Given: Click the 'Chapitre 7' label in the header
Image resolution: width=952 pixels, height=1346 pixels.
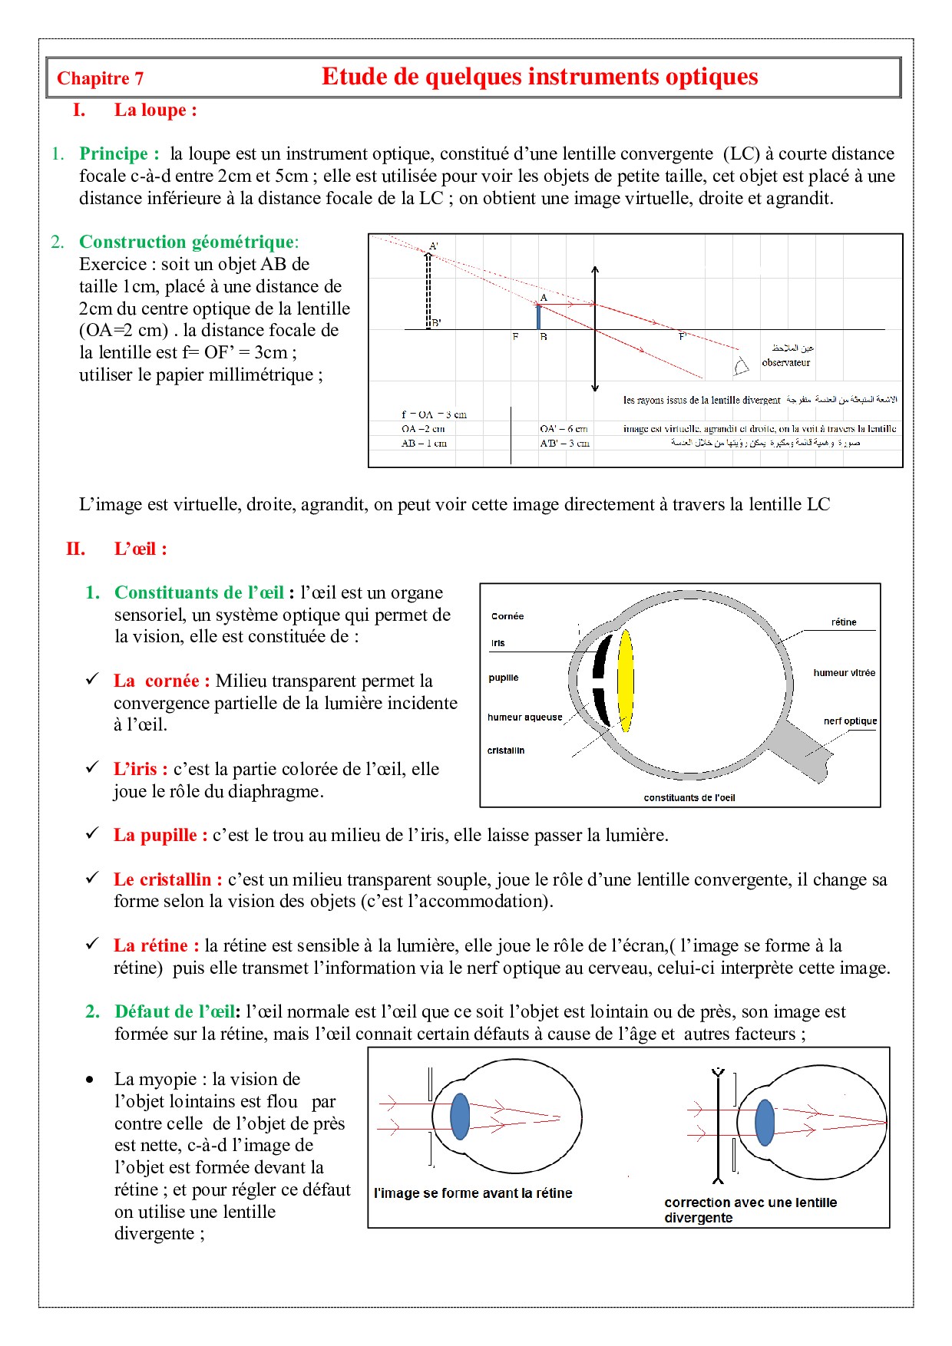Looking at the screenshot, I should [x=100, y=78].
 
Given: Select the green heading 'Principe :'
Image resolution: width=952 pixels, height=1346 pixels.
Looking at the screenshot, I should [x=119, y=153].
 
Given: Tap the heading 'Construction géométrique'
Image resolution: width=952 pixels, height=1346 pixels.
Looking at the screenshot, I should [x=187, y=242].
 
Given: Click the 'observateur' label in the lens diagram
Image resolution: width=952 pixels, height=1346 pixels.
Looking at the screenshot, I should [x=785, y=362].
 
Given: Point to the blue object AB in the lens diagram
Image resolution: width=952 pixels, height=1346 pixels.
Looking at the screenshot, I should [x=539, y=317].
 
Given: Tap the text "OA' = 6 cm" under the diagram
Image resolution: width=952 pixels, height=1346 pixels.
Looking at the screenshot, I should [x=564, y=429].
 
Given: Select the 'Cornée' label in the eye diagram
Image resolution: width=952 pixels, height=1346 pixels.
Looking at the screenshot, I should [x=507, y=616].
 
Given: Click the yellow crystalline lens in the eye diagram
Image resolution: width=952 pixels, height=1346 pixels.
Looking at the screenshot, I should [x=626, y=680].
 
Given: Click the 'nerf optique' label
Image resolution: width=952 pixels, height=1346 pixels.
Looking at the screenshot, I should [x=850, y=721].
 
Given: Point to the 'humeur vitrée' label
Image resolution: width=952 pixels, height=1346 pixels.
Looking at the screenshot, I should [x=844, y=673].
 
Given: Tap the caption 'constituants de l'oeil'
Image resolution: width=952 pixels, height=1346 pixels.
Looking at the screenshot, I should [x=689, y=798].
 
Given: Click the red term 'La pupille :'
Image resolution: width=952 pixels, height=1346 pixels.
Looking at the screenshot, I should [x=160, y=835].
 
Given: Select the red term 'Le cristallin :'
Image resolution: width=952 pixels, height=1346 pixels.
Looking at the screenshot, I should [x=167, y=879].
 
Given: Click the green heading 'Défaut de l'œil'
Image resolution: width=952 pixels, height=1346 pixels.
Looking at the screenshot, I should [x=176, y=1011].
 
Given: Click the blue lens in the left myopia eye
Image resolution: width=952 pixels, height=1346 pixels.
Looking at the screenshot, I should [x=459, y=1117].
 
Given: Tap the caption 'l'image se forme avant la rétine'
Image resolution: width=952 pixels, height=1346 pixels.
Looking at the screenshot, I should [x=473, y=1193].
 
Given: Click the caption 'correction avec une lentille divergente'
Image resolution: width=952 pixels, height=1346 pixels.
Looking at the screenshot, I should [x=750, y=1210].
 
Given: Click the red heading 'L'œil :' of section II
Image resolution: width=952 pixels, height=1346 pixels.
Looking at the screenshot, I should [x=140, y=549].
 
